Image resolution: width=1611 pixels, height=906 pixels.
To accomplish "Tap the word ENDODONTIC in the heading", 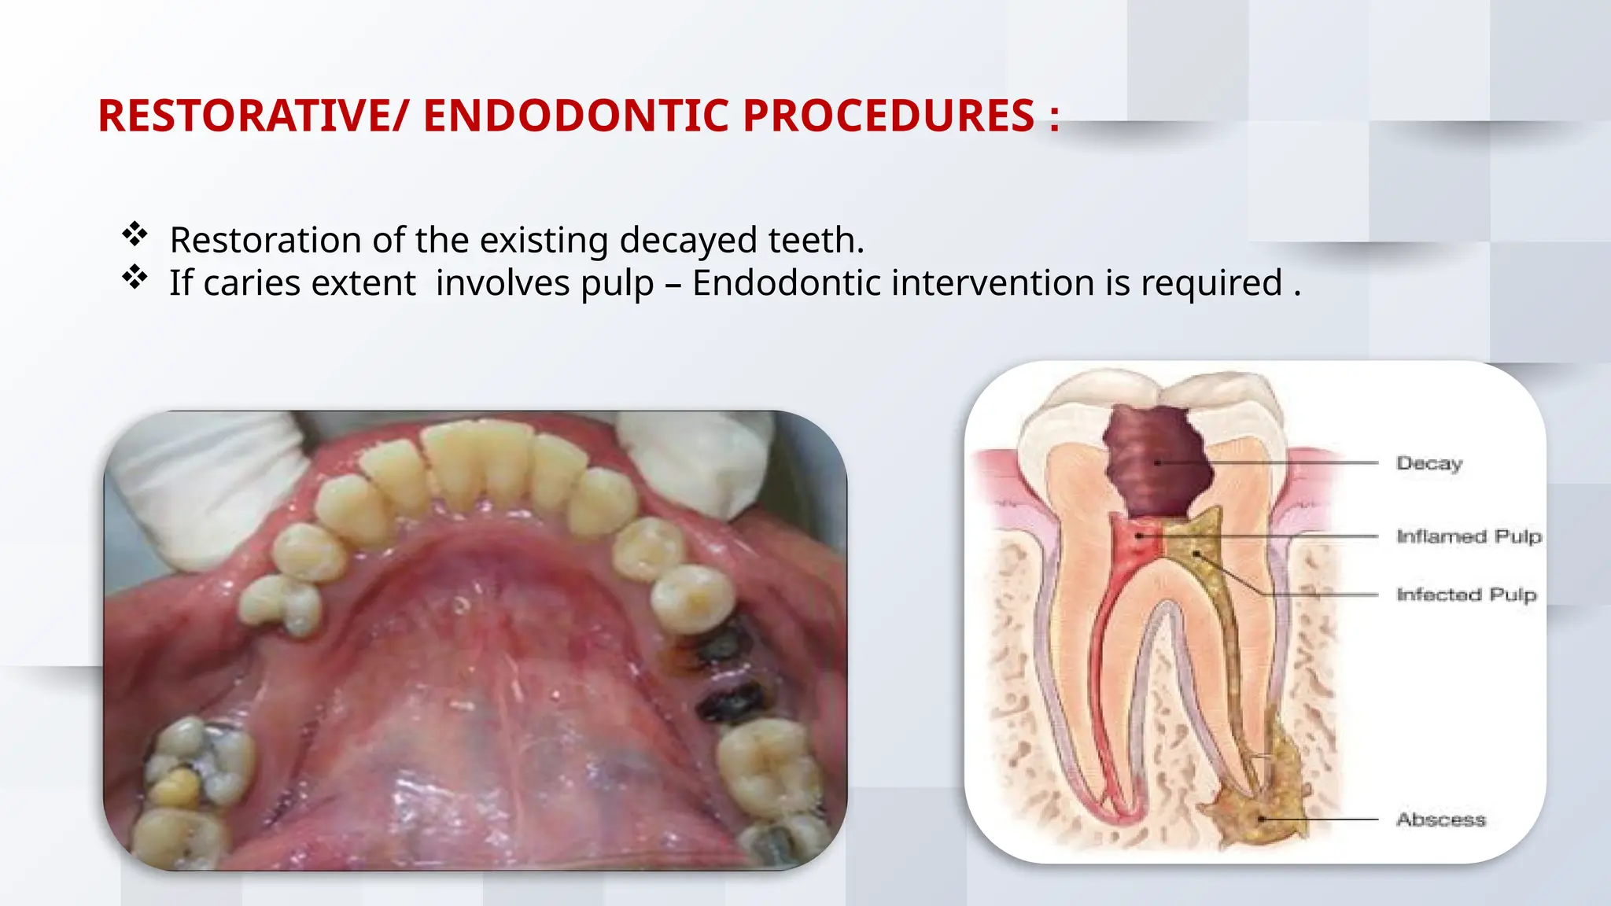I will coord(576,116).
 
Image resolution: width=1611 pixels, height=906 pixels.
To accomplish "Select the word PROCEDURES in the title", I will coord(888,116).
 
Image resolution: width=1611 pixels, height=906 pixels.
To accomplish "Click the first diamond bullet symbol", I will coord(135,234).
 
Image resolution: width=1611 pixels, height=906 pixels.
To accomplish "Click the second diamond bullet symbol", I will coord(135,278).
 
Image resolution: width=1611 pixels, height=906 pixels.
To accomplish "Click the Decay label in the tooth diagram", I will coord(1429,463).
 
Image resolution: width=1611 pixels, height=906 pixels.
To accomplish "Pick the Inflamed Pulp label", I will coord(1468,536).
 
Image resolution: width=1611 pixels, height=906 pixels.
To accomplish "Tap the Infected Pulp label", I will coord(1466,595).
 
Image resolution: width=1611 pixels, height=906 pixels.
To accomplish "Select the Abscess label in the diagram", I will coord(1440,819).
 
